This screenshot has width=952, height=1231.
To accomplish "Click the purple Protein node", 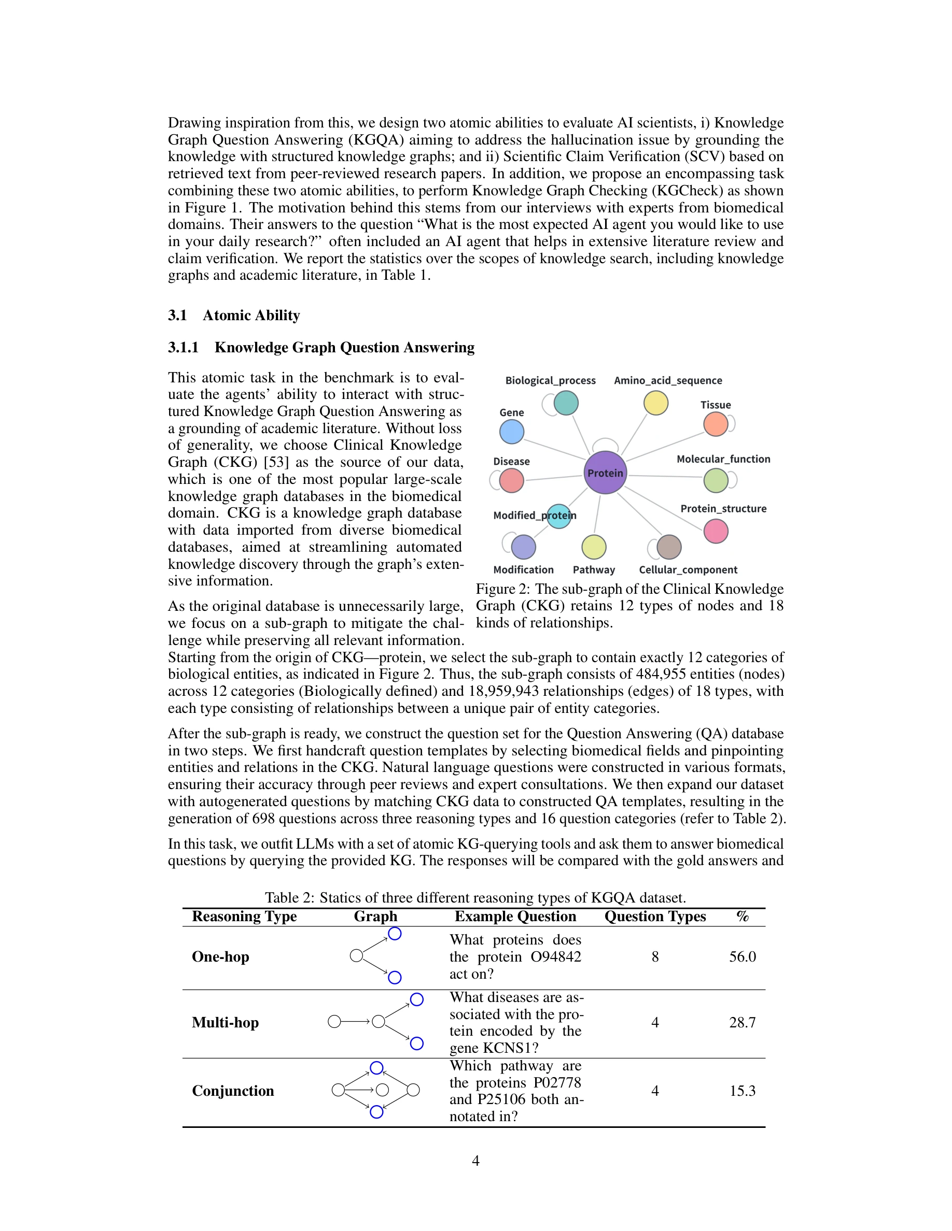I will pyautogui.click(x=605, y=473).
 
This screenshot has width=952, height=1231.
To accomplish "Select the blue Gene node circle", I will pyautogui.click(x=512, y=432).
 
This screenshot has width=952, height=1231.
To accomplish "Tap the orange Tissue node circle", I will pyautogui.click(x=715, y=424).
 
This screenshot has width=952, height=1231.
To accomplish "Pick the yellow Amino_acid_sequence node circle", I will pyautogui.click(x=655, y=403).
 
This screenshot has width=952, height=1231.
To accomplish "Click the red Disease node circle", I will pyautogui.click(x=512, y=481).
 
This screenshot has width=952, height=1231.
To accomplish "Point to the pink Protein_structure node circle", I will pyautogui.click(x=716, y=531).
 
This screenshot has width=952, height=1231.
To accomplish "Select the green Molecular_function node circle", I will pyautogui.click(x=715, y=480).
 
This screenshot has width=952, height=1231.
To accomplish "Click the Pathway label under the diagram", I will pyautogui.click(x=593, y=570).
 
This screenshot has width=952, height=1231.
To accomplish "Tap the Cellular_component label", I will pyautogui.click(x=688, y=570).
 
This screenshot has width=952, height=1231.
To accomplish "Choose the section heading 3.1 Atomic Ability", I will pyautogui.click(x=233, y=315).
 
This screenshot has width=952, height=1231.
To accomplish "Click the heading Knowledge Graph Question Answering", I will pyautogui.click(x=344, y=347).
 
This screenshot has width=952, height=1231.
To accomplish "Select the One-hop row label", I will pyautogui.click(x=220, y=956).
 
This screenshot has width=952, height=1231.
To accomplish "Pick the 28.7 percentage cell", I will pyautogui.click(x=741, y=1022).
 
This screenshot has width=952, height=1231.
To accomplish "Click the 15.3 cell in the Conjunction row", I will pyautogui.click(x=741, y=1091).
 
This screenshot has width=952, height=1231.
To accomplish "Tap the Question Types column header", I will pyautogui.click(x=655, y=917).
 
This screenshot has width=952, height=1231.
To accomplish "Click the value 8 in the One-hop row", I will pyautogui.click(x=655, y=956).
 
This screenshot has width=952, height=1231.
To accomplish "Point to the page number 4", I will pyautogui.click(x=475, y=1161).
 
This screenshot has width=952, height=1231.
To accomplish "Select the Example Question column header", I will pyautogui.click(x=515, y=917).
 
